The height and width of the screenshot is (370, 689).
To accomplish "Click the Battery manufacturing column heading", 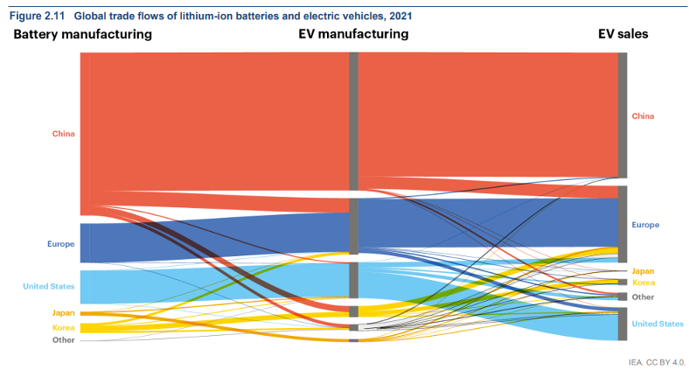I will pos(82,34).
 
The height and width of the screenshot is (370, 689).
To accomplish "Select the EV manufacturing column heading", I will pos(353,34).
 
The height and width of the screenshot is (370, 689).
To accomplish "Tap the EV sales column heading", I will pos(623,34).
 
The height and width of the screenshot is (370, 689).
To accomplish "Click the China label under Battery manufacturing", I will pos(63,134).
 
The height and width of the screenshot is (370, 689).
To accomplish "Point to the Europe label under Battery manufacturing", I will pos(60,243).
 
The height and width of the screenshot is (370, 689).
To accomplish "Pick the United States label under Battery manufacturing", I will pos(48,286).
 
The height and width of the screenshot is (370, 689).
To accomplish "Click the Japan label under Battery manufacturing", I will pos(63,312).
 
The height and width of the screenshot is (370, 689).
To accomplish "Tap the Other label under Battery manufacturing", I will pos(63,339).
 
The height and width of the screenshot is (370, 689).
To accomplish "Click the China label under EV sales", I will pos(643,115).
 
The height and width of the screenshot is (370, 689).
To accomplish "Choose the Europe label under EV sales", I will pos(645,225).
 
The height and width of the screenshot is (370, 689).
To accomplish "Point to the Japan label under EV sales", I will pos(643,271).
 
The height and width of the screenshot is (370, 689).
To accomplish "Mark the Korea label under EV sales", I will pos(643,283).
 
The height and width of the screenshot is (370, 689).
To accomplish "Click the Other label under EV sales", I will pos(643,297).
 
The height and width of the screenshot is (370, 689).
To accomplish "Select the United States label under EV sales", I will pos(658,324).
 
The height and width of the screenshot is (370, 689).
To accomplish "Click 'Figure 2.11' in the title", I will pos(36,16).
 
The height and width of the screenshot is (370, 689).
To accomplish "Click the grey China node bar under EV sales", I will pos(623,115).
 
